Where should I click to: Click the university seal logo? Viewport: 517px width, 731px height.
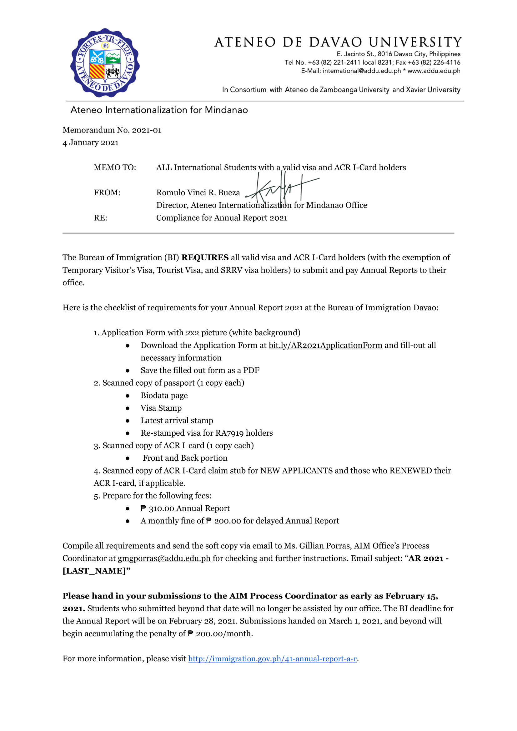[105, 63]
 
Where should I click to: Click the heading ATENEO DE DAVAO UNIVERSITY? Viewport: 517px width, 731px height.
[338, 42]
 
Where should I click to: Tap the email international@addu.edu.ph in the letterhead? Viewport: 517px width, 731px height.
[361, 71]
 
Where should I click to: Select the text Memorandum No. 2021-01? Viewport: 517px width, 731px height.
[112, 130]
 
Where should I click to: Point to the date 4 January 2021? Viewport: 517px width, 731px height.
[90, 143]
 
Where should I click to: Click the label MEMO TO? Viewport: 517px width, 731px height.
[115, 168]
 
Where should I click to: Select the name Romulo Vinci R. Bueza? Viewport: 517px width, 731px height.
[198, 193]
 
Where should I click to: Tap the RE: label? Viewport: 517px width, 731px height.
[100, 218]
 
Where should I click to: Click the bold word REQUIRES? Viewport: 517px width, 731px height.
[205, 257]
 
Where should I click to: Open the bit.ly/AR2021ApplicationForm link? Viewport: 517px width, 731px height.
[325, 345]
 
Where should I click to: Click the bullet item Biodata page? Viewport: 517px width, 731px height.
[164, 395]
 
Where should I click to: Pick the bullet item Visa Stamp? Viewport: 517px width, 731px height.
[161, 408]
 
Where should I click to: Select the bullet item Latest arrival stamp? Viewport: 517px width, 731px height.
[177, 421]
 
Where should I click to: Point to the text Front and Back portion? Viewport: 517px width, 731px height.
[185, 458]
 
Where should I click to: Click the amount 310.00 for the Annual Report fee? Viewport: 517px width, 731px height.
[161, 508]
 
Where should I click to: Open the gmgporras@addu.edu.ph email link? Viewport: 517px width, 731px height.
[164, 558]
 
